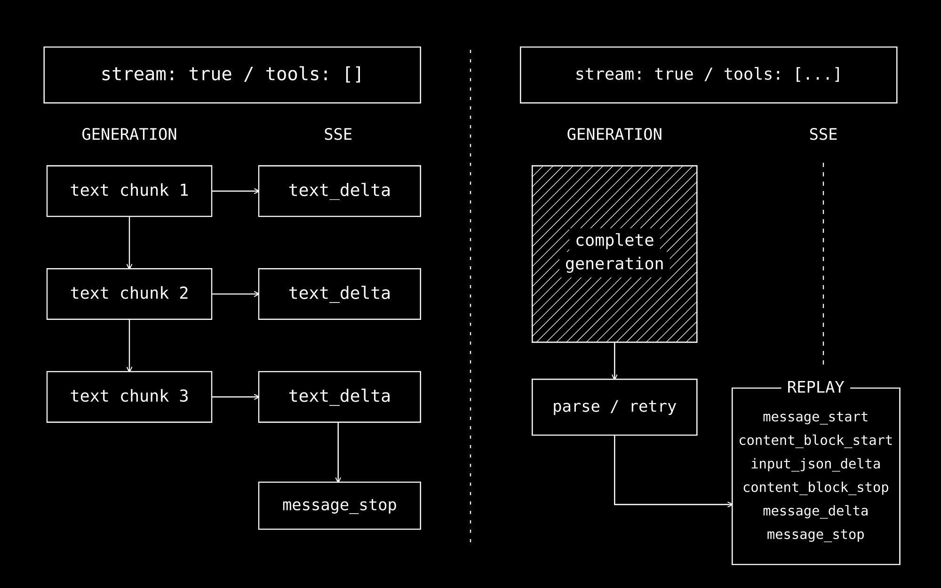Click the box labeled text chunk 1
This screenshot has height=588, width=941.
[129, 191]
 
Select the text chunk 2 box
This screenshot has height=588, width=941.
[129, 294]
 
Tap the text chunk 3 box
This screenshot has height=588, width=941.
[129, 397]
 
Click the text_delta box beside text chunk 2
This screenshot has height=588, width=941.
[340, 294]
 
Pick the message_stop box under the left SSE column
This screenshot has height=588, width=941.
[340, 506]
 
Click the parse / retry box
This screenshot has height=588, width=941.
[614, 407]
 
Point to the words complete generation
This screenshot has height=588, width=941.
[614, 252]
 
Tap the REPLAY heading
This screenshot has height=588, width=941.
[815, 387]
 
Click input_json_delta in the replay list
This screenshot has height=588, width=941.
[815, 464]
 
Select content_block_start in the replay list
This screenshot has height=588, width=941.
[815, 441]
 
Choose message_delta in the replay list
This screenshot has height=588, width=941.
[815, 511]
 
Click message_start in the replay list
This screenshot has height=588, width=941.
[815, 417]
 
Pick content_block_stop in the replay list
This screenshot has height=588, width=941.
[815, 488]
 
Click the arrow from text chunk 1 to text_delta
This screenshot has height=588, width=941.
[235, 191]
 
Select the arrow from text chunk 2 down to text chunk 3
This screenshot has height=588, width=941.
[129, 346]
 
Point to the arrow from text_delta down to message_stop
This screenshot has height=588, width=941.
[338, 453]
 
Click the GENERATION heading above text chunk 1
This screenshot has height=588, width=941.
[129, 135]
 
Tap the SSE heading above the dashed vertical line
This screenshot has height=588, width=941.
[823, 135]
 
